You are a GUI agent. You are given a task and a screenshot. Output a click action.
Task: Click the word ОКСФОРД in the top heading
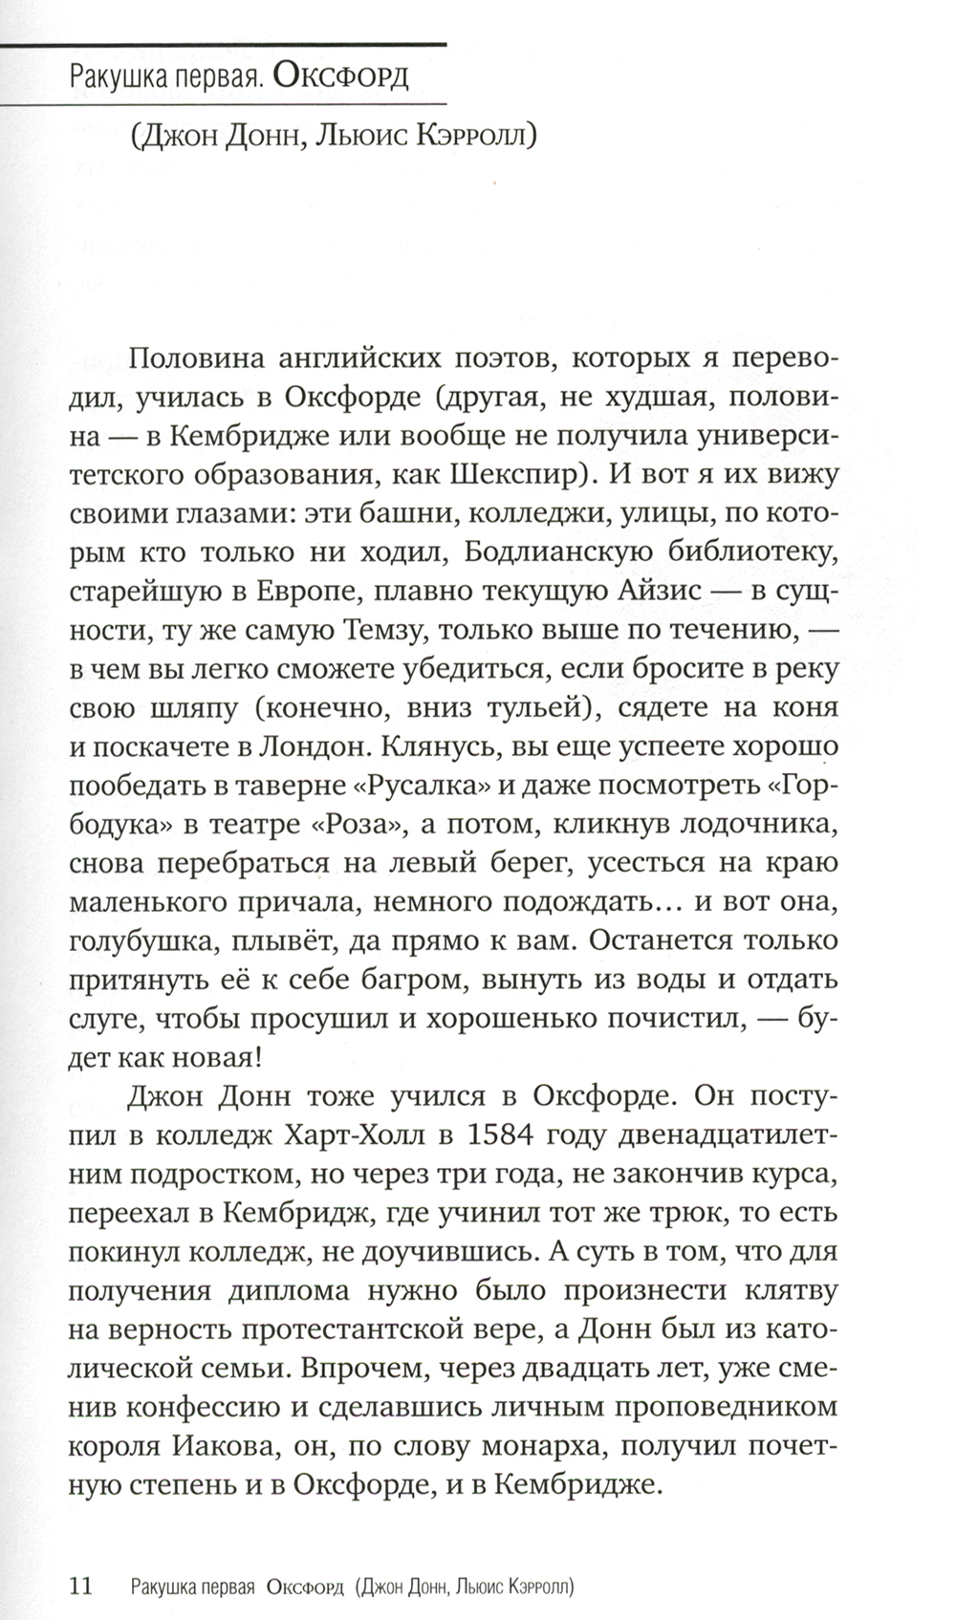340,76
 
